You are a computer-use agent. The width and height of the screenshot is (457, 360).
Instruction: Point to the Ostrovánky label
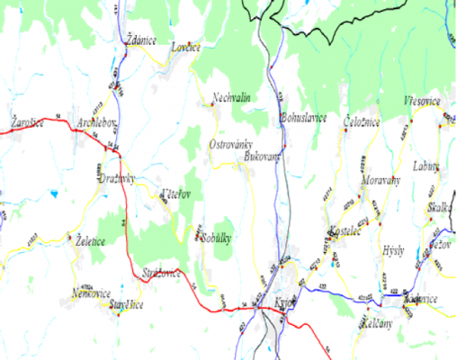[230, 144]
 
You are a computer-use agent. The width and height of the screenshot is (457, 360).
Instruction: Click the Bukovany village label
[262, 156]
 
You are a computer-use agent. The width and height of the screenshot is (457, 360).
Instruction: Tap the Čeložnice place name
[362, 122]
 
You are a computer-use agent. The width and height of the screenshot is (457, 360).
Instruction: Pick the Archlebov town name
[96, 121]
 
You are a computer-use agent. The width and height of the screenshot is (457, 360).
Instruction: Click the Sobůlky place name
[219, 238]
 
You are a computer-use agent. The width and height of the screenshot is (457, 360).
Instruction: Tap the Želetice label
[90, 241]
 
